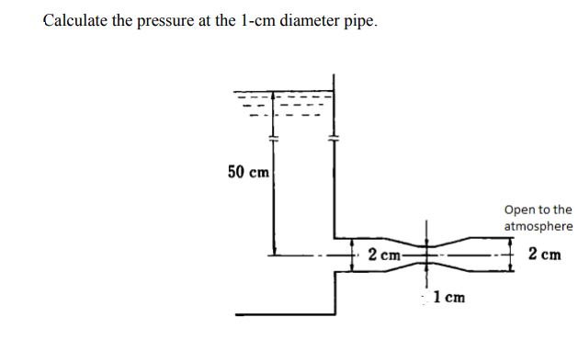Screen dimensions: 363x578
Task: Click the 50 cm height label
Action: click(248, 172)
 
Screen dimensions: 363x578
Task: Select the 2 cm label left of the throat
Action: click(383, 255)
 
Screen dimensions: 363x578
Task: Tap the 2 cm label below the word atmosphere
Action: click(545, 254)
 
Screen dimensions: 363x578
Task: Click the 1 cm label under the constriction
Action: click(448, 297)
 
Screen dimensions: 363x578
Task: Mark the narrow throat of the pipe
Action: click(425, 255)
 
